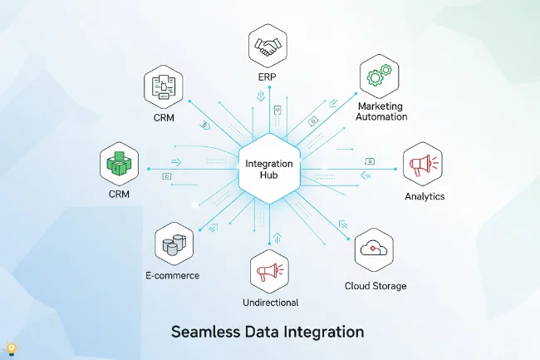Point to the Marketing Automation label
[382, 112]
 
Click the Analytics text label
[425, 197]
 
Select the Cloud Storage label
[376, 286]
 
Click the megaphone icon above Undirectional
[270, 271]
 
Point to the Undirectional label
[270, 303]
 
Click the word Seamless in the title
[206, 332]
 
